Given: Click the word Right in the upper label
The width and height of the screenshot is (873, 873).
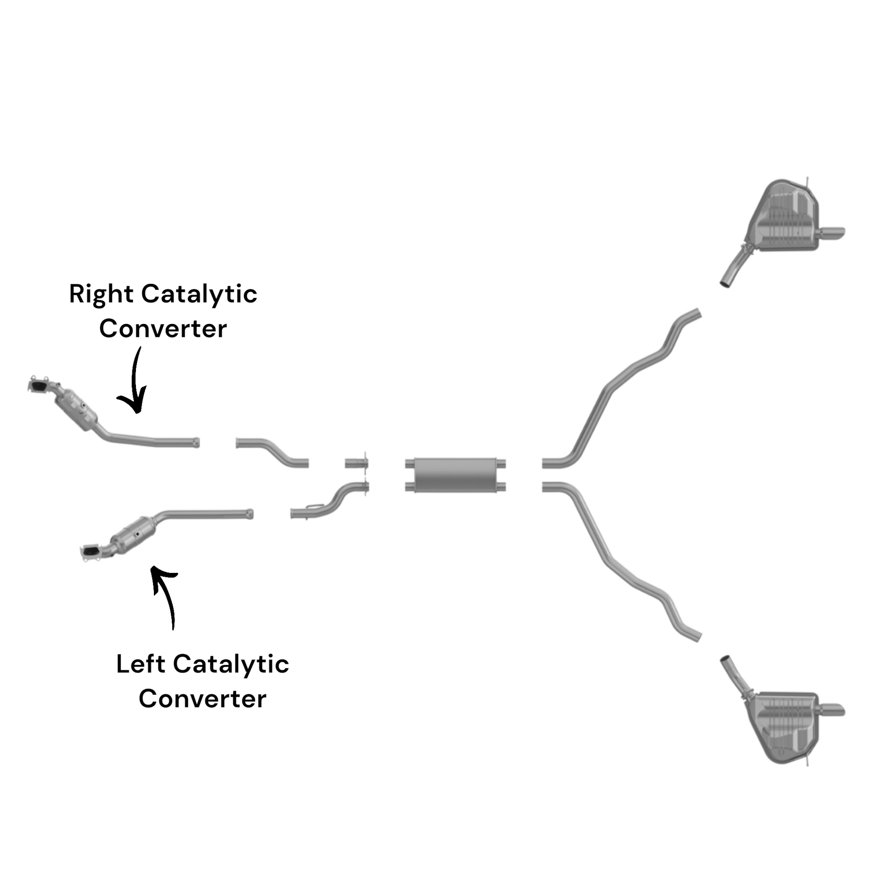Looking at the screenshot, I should (x=101, y=295).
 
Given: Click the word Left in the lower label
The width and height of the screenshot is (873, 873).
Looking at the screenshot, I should (x=140, y=664).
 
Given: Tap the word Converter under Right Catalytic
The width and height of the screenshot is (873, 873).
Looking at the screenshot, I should (x=163, y=329).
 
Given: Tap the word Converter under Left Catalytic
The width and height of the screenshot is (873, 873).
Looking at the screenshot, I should (x=202, y=699).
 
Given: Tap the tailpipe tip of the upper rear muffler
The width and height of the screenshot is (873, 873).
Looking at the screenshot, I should (x=834, y=232).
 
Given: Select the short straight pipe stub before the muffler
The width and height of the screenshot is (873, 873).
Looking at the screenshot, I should (x=356, y=463).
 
